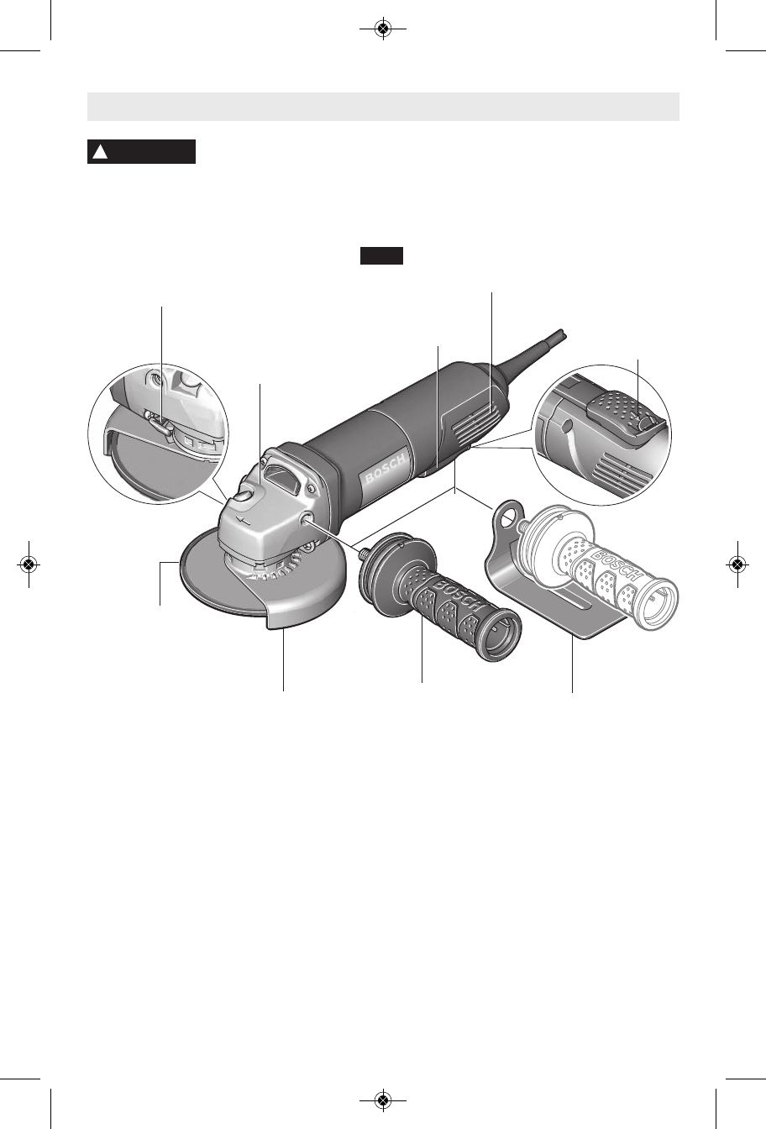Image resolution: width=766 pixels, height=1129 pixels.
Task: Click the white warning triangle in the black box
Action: click(100, 152)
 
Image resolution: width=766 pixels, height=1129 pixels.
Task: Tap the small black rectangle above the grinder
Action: click(381, 255)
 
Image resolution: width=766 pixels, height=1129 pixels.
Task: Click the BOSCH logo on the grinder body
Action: click(386, 469)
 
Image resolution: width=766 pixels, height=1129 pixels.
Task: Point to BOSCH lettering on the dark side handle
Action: click(456, 596)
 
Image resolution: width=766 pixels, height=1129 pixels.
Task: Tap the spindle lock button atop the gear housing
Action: click(243, 496)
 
